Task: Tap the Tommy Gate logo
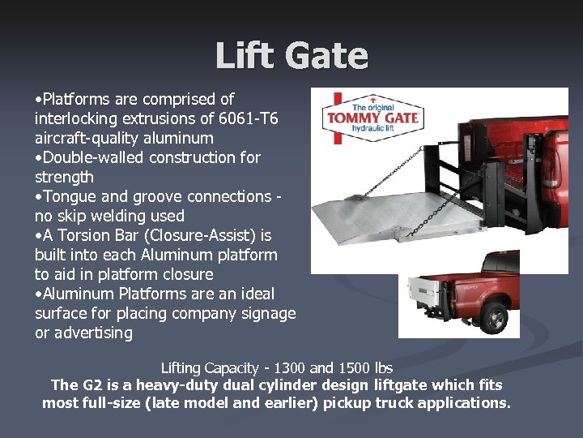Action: click(x=372, y=118)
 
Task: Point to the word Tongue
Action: click(x=70, y=196)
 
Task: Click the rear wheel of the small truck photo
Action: click(x=493, y=317)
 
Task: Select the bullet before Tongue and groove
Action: click(x=38, y=197)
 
